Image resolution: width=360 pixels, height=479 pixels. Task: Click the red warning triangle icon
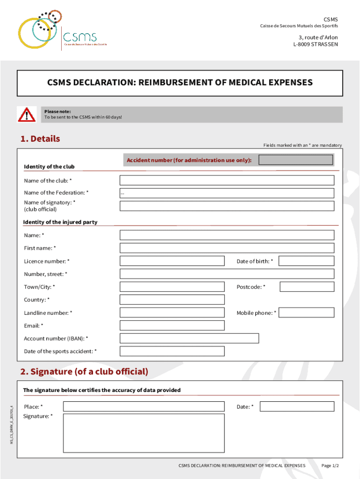[x=26, y=115]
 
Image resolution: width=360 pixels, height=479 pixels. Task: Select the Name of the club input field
[x=227, y=181]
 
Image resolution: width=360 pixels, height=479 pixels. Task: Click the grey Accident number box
[x=295, y=160]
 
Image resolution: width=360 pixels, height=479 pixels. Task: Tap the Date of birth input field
[x=306, y=261]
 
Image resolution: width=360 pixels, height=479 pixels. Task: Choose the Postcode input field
[x=307, y=287]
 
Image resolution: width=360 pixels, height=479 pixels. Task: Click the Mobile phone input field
[x=306, y=312]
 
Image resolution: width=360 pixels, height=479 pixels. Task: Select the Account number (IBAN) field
[x=189, y=338]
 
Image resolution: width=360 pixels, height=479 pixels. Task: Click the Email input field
[x=227, y=326]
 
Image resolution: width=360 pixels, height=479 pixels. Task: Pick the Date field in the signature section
[x=297, y=406]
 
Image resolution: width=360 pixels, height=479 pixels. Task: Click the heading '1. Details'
[x=40, y=139]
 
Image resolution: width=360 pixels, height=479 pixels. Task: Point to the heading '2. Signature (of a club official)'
[x=84, y=372]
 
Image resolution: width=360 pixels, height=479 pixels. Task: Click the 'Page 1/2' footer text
[x=330, y=465]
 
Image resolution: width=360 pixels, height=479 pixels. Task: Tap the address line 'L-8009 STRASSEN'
[x=315, y=44]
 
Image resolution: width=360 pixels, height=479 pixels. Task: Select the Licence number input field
[x=172, y=261]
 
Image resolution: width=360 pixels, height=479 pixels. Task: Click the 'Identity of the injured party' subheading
[x=60, y=222]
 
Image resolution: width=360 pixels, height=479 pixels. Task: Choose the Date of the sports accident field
[x=172, y=351]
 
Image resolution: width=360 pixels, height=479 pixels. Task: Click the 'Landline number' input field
[x=172, y=312]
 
